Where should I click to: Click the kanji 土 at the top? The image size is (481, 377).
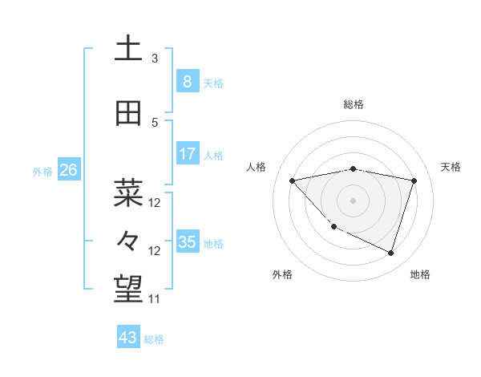pos(128,49)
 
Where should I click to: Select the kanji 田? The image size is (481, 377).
pos(128,114)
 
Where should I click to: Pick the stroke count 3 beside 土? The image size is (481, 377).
pos(155,58)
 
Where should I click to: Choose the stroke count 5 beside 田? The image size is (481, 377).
pos(155,122)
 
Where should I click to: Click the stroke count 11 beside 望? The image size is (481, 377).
pos(154,299)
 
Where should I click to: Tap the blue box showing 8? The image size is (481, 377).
pos(187,82)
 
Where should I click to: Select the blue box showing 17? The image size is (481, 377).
pos(187,154)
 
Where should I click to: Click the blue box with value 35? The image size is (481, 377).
pos(187,242)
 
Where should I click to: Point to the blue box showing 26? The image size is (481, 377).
pos(68,170)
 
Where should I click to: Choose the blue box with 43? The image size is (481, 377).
pos(128,338)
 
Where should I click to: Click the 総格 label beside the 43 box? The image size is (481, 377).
pos(155,339)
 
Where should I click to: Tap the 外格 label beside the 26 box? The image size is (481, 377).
pos(42,171)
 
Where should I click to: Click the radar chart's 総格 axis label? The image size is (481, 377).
pos(354,104)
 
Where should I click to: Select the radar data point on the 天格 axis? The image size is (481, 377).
pos(414,180)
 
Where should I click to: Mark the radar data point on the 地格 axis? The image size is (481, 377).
pos(390,253)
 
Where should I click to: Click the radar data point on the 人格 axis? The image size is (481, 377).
pos(293,180)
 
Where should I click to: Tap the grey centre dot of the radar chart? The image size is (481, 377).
pos(354,200)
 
